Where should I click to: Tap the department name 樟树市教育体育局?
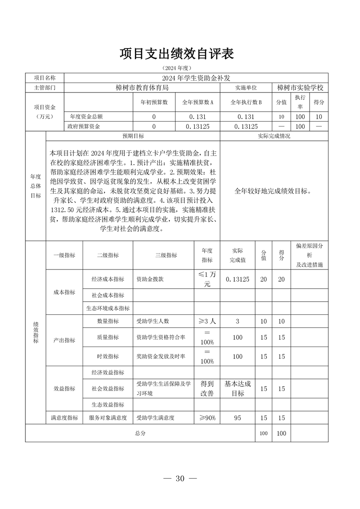142,87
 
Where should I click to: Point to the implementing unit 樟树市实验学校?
301,87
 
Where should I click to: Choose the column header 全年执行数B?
247,103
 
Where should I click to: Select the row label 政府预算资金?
84,127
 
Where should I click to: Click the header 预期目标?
133,136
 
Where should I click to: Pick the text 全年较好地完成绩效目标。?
273,191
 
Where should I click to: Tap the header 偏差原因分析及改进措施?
309,255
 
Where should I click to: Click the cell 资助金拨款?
150,279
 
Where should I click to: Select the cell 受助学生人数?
153,321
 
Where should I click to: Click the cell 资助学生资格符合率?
161,338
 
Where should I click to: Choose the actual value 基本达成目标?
237,388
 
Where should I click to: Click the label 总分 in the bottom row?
140,433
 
